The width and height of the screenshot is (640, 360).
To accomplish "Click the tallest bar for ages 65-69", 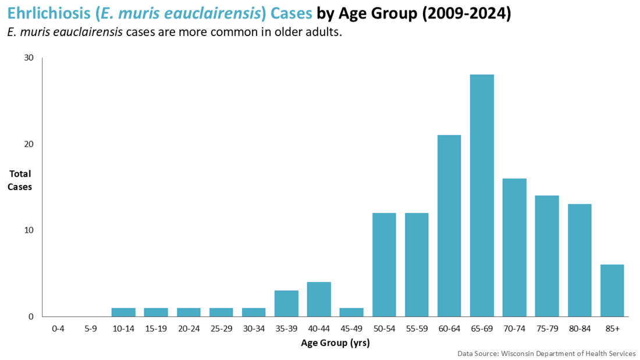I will click(482, 195).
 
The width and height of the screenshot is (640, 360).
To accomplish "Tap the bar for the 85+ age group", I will click(612, 290).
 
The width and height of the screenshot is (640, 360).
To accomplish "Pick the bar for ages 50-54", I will click(384, 265).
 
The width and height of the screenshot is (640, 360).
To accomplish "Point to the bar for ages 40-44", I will click(319, 299).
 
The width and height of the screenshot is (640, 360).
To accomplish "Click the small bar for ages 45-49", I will click(351, 312).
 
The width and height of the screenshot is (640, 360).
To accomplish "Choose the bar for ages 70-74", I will click(514, 247).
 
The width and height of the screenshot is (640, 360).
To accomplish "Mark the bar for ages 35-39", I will click(286, 304).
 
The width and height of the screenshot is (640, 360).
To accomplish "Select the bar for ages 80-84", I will click(579, 260).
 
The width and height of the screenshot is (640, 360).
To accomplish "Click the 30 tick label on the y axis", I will click(29, 58).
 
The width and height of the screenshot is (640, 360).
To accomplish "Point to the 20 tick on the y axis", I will click(29, 144).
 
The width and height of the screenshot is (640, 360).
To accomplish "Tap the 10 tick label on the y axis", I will click(29, 230).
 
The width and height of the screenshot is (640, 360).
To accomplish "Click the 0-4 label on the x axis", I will click(58, 329).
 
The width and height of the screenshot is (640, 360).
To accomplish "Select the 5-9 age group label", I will click(91, 329).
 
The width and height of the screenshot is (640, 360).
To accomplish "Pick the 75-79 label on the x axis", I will click(547, 329).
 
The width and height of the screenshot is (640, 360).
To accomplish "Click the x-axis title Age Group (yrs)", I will click(335, 343).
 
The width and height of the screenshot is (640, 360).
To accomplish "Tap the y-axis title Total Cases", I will click(20, 180).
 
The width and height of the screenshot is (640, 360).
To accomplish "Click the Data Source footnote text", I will click(546, 353).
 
